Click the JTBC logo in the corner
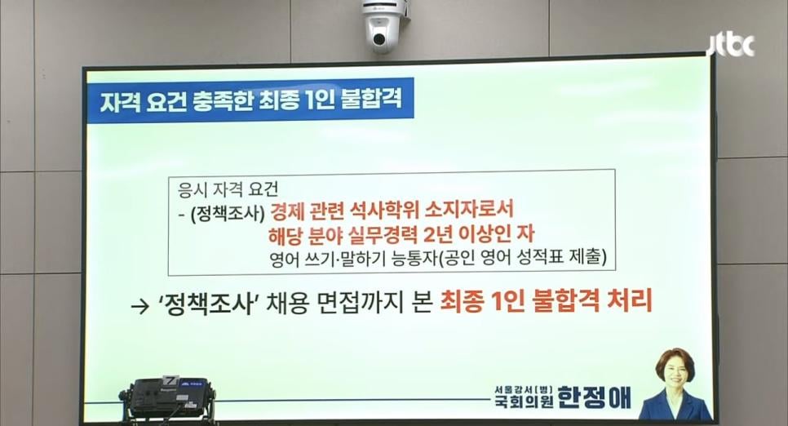731,46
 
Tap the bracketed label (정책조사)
228,213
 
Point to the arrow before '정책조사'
139,306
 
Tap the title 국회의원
525,401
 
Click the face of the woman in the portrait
675,373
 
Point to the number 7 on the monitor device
170,381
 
